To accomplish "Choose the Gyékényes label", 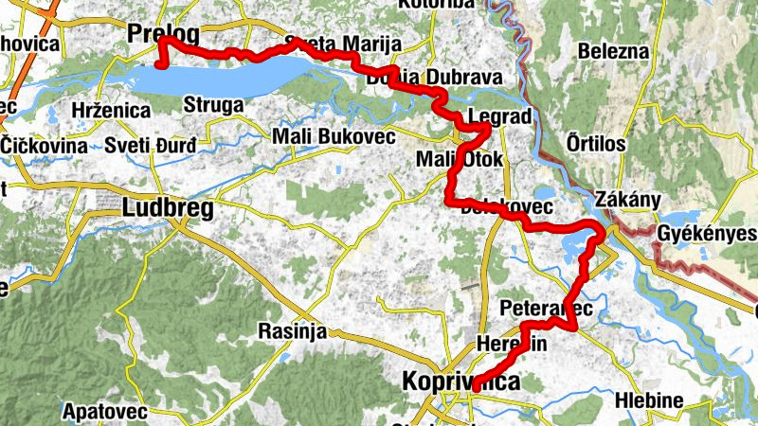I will [x=706, y=234].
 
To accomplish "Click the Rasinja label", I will [x=292, y=331].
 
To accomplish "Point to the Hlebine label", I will [x=649, y=400].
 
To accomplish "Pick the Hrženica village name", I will [x=111, y=111].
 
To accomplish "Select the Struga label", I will [x=214, y=104].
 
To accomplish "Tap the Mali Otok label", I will [x=460, y=158].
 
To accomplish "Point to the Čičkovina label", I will [x=45, y=146].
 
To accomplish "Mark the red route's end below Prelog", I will [x=160, y=64].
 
